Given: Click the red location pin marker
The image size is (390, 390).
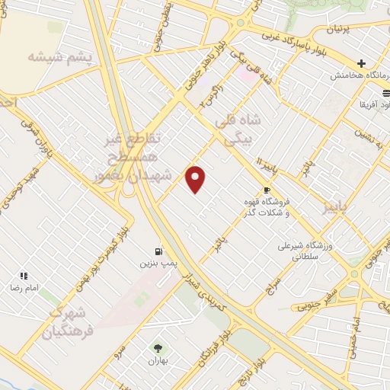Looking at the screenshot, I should [197, 179].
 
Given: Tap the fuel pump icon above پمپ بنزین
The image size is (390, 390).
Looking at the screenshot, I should [158, 251].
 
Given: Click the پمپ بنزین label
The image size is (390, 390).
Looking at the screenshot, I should [154, 263].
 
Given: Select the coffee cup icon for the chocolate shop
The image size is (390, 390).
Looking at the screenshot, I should [267, 190].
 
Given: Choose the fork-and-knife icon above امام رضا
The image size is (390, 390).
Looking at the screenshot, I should [24, 276].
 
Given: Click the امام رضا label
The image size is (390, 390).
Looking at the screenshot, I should [24, 289].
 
